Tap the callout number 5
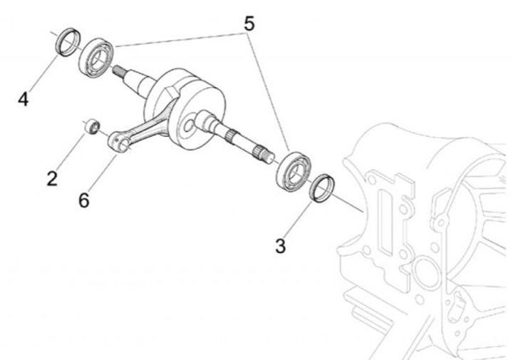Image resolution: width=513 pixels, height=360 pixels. pyautogui.click(x=248, y=24)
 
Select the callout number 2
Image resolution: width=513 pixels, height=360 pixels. pyautogui.click(x=51, y=178)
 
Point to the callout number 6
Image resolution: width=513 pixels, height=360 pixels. pyautogui.click(x=84, y=200)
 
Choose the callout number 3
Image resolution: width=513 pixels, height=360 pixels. pyautogui.click(x=280, y=247)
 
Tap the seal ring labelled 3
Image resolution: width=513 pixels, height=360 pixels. pyautogui.click(x=323, y=187)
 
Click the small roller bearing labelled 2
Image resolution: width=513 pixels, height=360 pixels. pyautogui.click(x=90, y=126)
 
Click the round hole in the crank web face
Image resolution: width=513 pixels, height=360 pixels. pyautogui.click(x=189, y=127)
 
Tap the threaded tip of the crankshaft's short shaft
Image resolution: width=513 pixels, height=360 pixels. pyautogui.click(x=118, y=71)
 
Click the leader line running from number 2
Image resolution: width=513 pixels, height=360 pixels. pyautogui.click(x=71, y=151)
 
